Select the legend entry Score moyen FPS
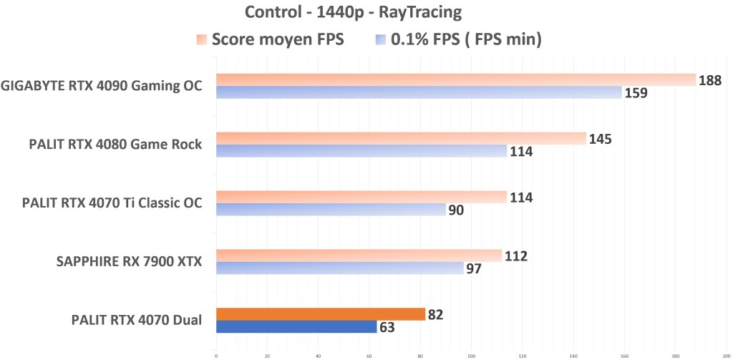(x=277, y=39)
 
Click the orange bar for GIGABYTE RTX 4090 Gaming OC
(x=455, y=79)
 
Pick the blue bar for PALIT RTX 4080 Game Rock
(x=361, y=151)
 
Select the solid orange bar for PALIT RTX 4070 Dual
(x=320, y=313)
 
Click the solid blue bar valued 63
(x=296, y=327)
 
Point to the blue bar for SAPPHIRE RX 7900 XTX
(x=339, y=268)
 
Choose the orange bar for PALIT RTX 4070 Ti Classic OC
(x=361, y=197)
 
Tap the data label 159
(x=636, y=93)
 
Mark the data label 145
(x=600, y=138)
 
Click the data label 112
(x=515, y=256)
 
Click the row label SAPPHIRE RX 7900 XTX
(x=129, y=262)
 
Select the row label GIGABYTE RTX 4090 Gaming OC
(x=102, y=87)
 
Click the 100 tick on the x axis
(x=471, y=354)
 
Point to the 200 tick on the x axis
(x=726, y=354)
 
